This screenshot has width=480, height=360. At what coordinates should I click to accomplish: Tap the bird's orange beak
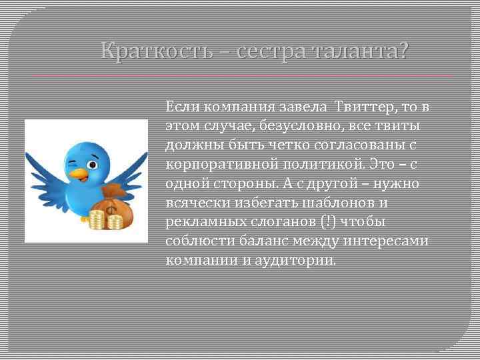[79, 174]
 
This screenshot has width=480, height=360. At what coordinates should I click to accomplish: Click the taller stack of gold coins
[98, 219]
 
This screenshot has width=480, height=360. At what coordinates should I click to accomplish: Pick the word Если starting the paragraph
[181, 107]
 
